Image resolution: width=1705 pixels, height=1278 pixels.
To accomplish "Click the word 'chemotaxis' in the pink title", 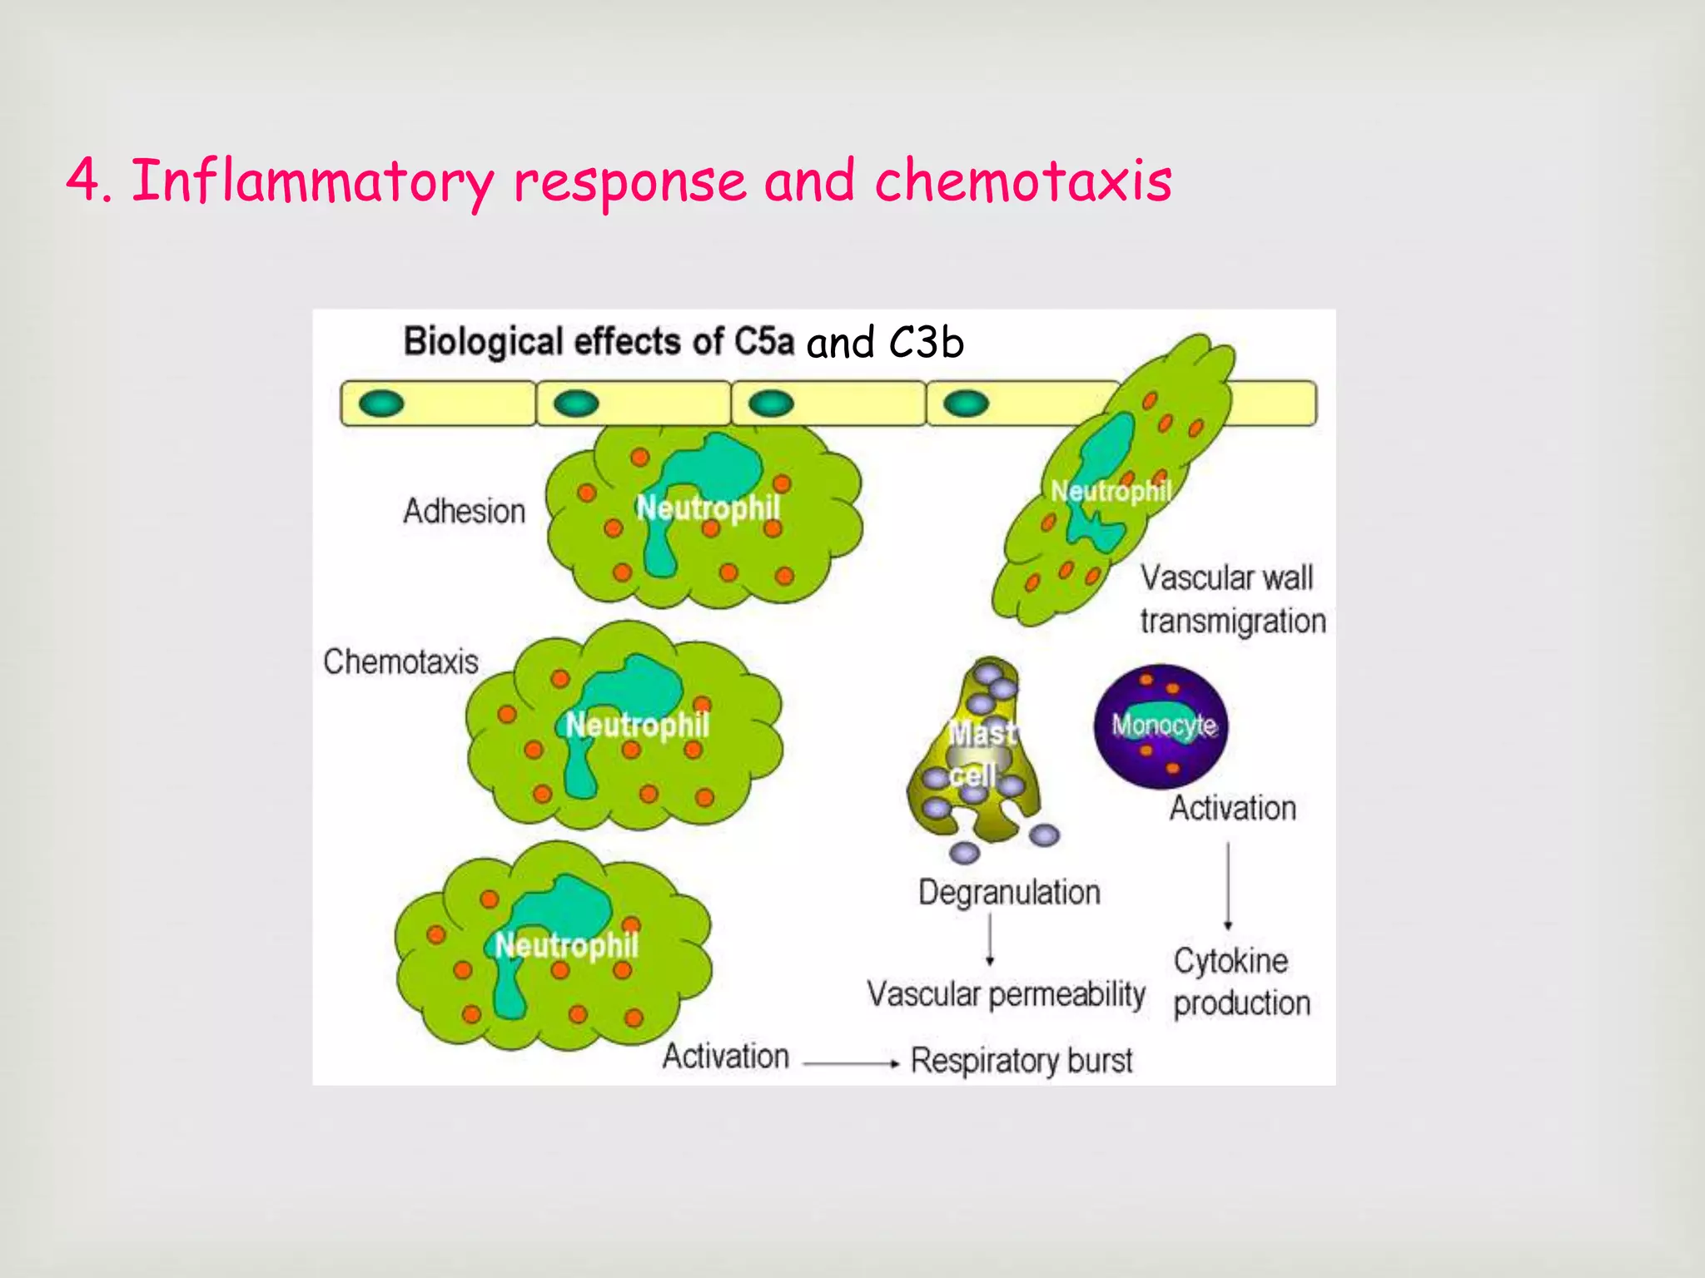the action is [x=1022, y=181].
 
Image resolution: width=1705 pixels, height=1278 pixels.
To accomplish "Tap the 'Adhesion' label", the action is [x=464, y=511].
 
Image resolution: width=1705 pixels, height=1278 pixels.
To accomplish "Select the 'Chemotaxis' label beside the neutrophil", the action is [x=400, y=661].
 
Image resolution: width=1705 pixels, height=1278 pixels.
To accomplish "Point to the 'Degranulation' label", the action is [x=1009, y=892].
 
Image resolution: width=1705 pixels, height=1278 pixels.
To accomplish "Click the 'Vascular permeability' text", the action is [x=1006, y=994].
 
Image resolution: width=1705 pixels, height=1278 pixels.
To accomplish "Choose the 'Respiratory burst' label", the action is [x=1022, y=1060].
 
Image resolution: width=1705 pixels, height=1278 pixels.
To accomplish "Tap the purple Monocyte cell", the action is [x=1161, y=726].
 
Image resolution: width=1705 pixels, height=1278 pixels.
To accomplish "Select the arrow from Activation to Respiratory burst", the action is [x=851, y=1063].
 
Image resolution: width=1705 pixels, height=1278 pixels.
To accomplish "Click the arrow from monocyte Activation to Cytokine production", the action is [x=1228, y=885].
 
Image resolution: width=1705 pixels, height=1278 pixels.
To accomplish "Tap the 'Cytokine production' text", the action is [x=1240, y=982].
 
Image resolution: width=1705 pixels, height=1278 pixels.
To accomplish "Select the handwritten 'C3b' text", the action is [x=926, y=342].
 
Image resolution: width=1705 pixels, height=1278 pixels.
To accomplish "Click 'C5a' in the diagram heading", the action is [x=763, y=341].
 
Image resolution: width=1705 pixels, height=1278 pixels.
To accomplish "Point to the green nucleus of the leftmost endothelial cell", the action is [x=381, y=404].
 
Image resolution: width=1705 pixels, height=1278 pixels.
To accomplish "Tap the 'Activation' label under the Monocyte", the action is [x=1232, y=808].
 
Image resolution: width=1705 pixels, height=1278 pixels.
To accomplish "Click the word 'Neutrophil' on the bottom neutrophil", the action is [x=566, y=945].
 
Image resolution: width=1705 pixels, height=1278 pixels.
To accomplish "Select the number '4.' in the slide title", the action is [x=88, y=181].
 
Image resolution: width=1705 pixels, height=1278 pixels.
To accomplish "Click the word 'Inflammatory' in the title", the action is [x=313, y=181].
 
